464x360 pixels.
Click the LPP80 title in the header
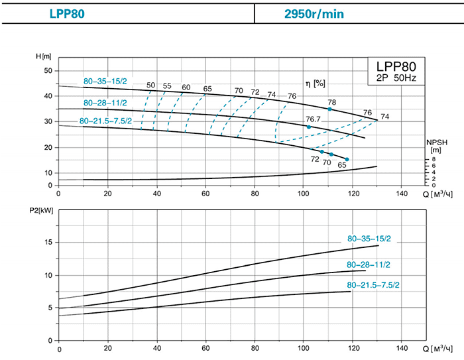tap(67, 13)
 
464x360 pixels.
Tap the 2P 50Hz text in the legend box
tap(398, 79)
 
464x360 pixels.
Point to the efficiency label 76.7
tap(313, 119)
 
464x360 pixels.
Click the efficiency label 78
tap(331, 101)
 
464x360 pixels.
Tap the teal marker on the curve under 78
tap(329, 109)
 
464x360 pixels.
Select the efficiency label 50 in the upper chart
tap(151, 86)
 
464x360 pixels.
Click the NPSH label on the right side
tap(434, 143)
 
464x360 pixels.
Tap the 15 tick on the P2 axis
tap(47, 242)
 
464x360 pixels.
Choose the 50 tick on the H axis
tap(47, 70)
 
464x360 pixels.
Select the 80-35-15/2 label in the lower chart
tap(369, 238)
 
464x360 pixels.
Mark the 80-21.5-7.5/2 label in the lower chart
tap(373, 284)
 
